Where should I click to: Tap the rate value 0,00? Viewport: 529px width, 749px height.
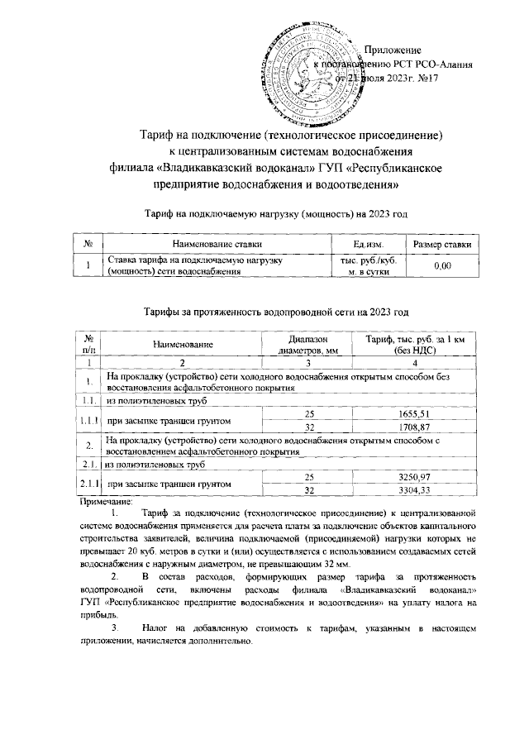[442, 265]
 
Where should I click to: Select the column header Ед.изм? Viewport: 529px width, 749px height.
[366, 245]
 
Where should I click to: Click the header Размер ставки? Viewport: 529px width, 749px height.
[442, 245]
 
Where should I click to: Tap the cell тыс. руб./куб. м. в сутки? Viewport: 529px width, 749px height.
[366, 265]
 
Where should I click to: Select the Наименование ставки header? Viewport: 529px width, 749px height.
[217, 245]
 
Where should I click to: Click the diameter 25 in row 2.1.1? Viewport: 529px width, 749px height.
[309, 479]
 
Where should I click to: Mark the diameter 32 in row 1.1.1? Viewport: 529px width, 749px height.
[309, 427]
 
